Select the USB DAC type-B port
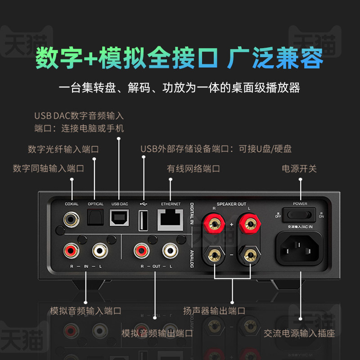pyautogui.click(x=119, y=220)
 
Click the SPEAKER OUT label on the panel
pyautogui.click(x=231, y=204)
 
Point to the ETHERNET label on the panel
pyautogui.click(x=171, y=204)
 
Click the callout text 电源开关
pyautogui.click(x=299, y=169)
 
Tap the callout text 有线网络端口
pyautogui.click(x=193, y=169)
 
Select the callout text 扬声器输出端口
pyautogui.click(x=214, y=310)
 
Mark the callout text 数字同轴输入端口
pyautogui.click(x=49, y=169)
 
